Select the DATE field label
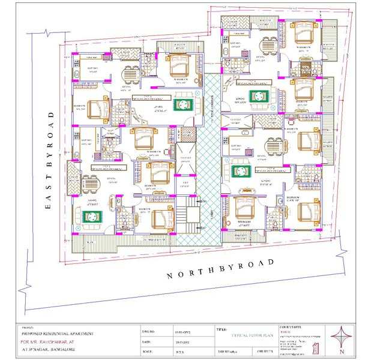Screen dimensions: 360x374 [x=147, y=341]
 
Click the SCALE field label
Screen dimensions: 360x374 [x=148, y=351]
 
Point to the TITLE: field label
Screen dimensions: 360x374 [x=221, y=329]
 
